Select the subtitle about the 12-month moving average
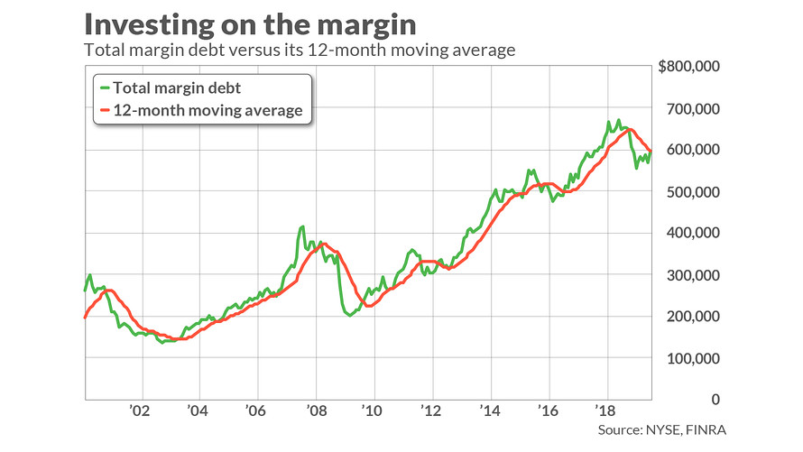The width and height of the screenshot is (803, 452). click(x=299, y=51)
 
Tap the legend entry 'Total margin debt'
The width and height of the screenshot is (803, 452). click(x=170, y=88)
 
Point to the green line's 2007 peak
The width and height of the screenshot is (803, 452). click(x=302, y=226)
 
